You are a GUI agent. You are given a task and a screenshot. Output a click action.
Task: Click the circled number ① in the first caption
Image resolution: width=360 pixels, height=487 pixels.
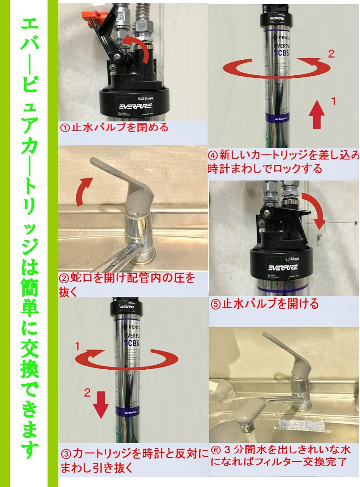click(65, 128)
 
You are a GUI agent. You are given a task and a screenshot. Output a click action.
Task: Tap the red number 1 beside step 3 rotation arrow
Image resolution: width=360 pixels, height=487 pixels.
click(77, 346)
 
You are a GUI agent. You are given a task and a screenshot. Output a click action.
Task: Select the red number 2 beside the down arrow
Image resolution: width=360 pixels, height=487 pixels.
click(87, 393)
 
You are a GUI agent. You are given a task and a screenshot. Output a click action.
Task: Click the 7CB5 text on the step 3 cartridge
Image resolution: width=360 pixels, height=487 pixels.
click(131, 343)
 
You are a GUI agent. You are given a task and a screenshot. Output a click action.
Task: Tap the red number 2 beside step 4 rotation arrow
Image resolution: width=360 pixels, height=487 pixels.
click(331, 54)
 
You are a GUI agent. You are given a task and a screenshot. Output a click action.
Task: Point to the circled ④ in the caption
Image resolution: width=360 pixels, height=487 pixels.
click(213, 154)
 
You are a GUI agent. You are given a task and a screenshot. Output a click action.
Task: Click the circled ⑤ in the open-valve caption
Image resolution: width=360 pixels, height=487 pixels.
click(215, 304)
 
